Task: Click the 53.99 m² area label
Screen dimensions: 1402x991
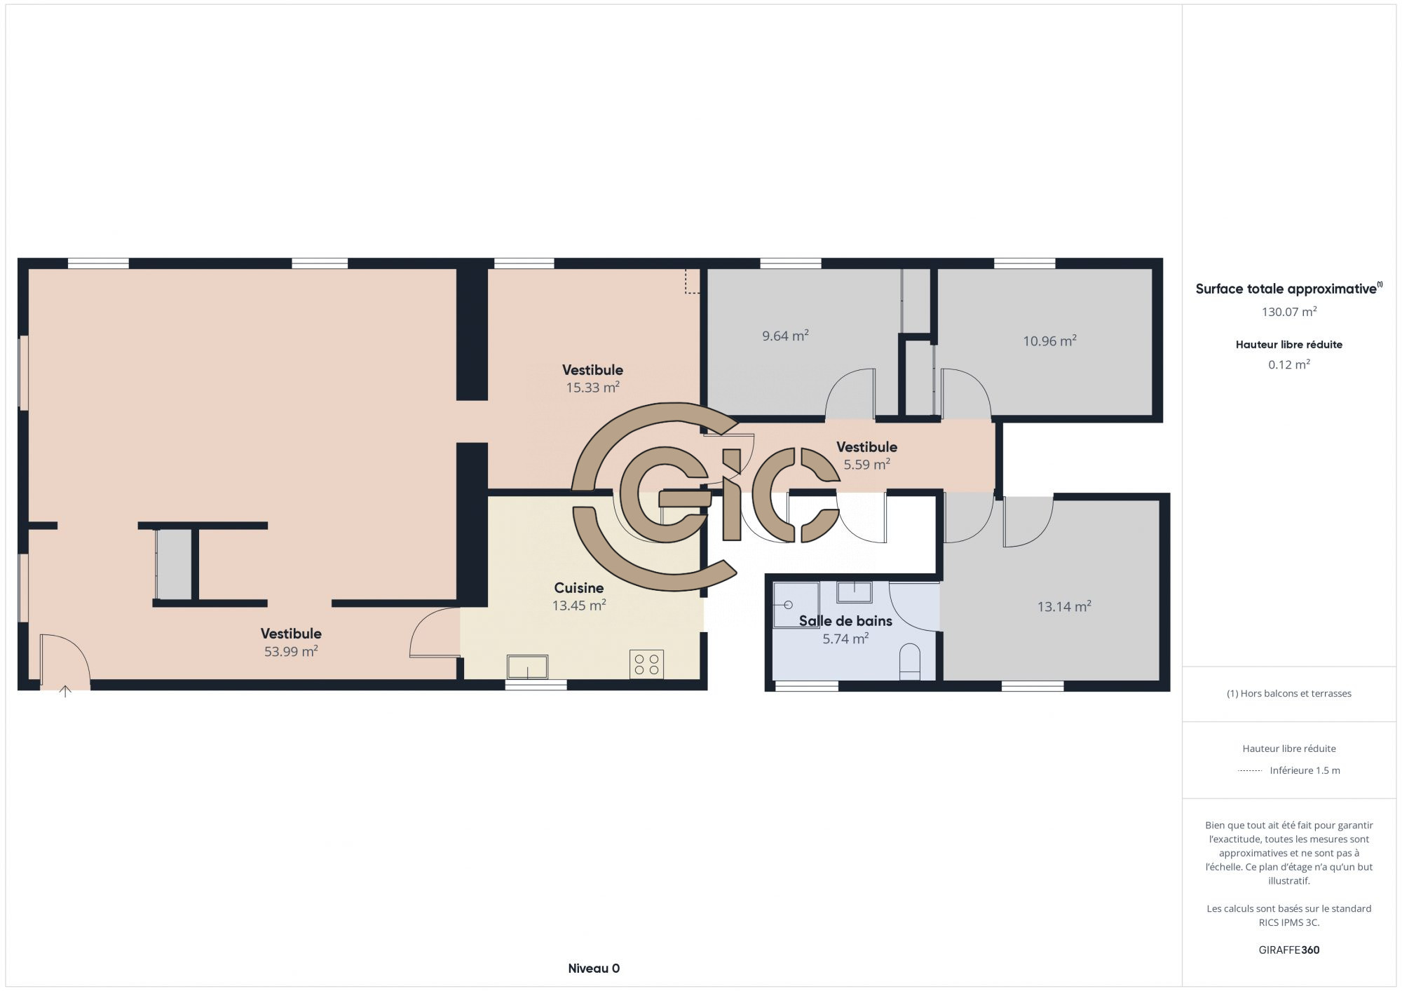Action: [291, 651]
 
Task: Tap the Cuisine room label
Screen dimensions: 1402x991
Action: [579, 588]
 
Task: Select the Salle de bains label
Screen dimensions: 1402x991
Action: [845, 621]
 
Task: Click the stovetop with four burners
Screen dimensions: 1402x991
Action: [646, 664]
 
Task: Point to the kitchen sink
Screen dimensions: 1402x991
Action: [527, 667]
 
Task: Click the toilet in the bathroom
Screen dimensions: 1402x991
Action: [909, 661]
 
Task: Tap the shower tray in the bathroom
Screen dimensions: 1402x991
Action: [796, 605]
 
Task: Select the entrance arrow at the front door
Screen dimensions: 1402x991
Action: [65, 691]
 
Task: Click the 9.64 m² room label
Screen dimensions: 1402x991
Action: [785, 336]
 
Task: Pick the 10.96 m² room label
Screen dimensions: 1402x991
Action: [1049, 341]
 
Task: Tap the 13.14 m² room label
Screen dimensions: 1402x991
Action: [1064, 606]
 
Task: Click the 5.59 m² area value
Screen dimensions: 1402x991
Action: [866, 464]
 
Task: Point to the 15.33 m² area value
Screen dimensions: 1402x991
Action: [592, 387]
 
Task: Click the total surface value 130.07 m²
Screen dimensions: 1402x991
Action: [1289, 312]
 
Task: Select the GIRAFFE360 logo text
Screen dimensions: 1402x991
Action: [1288, 950]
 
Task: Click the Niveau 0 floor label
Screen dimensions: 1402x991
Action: [594, 969]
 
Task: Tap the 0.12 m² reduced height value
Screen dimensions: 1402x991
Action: [1289, 364]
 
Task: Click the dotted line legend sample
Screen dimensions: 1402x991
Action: [1250, 771]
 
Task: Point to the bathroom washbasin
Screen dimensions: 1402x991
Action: [854, 592]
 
